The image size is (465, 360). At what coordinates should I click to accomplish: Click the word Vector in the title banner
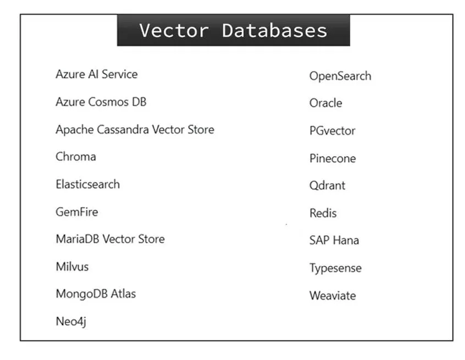coord(174,31)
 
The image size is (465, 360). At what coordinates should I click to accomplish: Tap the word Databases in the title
coord(275,31)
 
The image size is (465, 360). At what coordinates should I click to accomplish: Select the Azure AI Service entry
coord(97,74)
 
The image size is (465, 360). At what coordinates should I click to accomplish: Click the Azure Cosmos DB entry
coord(101,102)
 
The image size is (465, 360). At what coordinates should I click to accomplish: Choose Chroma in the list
coord(76,157)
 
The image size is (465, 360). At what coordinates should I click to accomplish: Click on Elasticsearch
coord(88,184)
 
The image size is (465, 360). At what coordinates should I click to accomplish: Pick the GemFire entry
coord(77,212)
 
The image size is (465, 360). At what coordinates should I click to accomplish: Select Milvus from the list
coord(73,267)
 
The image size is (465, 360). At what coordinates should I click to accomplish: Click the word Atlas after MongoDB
coord(123,294)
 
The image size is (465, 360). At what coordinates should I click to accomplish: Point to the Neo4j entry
coord(71,322)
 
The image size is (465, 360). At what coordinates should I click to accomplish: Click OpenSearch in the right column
coord(340,76)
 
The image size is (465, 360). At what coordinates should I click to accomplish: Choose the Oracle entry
coord(325,103)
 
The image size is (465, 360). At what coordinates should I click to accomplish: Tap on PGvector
coord(333,131)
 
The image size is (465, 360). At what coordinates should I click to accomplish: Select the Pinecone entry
coord(333,158)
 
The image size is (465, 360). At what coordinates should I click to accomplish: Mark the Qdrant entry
coord(328,186)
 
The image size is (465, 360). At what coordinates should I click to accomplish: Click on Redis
coord(323,213)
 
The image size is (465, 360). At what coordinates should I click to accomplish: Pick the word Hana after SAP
coord(347,240)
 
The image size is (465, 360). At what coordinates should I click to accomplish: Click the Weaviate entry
coord(333,296)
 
